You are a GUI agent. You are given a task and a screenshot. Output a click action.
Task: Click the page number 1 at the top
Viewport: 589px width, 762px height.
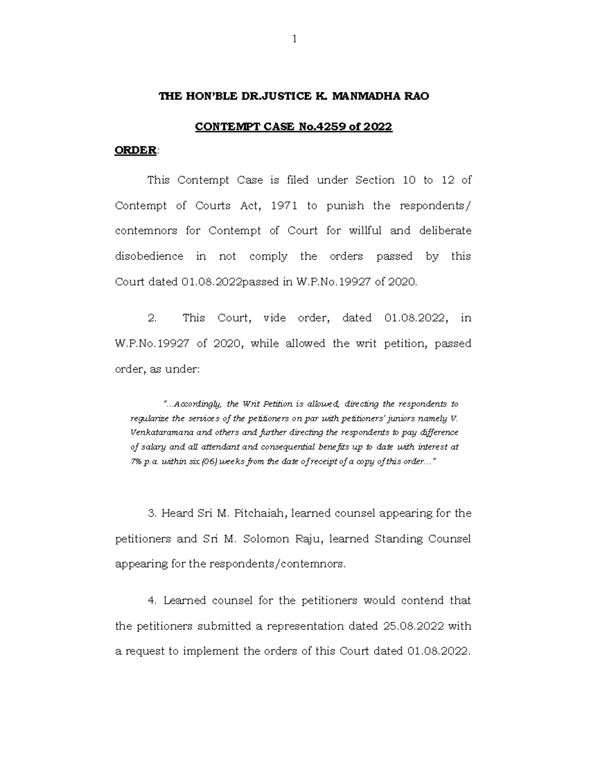coord(294,39)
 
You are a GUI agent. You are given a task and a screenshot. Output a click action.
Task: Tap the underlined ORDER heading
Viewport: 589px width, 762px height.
coord(135,151)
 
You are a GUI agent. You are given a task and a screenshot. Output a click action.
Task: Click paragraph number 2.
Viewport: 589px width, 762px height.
coord(152,318)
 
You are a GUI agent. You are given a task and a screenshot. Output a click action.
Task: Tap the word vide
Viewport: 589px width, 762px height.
coord(275,318)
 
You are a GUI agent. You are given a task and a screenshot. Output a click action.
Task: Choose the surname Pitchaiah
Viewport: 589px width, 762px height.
coord(260,513)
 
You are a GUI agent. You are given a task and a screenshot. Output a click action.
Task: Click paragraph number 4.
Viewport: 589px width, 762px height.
coord(152,601)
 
